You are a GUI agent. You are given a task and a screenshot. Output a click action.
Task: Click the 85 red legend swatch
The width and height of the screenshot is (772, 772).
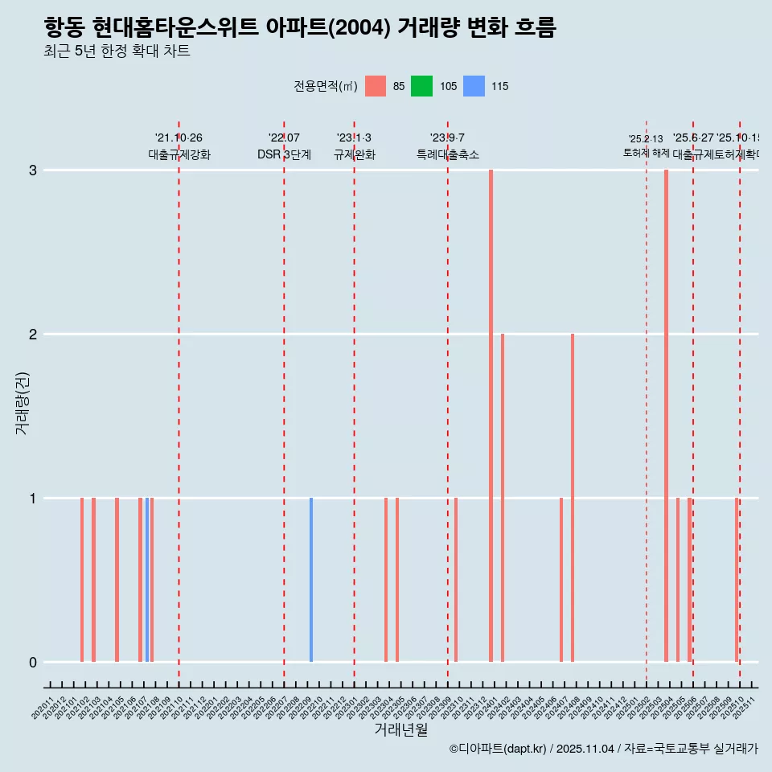tap(376, 86)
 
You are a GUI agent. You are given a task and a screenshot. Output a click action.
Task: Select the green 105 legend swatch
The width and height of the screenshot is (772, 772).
tap(421, 86)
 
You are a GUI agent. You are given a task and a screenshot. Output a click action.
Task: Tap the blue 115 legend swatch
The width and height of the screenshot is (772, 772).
tap(474, 86)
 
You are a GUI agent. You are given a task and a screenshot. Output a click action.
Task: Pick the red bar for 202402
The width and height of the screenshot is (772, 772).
tap(503, 498)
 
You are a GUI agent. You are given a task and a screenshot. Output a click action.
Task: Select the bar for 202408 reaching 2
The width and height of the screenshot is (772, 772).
tap(573, 498)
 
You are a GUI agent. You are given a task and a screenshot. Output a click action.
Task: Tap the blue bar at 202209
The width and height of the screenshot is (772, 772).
tap(311, 580)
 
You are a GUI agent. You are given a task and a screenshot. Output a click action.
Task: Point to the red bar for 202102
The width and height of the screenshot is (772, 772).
tap(82, 580)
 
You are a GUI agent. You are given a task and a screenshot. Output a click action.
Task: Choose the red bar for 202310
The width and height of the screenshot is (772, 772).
tap(456, 580)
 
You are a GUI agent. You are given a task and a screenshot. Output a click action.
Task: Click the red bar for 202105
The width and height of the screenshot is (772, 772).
tap(117, 580)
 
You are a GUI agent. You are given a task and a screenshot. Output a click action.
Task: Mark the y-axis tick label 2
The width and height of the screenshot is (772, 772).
tap(33, 335)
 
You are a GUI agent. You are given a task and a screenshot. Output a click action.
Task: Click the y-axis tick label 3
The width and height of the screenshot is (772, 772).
tap(33, 170)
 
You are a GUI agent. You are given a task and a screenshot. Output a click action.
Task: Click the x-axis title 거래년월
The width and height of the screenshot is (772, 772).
tap(400, 729)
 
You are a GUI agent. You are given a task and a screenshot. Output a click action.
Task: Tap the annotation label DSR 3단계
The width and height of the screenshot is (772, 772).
tap(284, 154)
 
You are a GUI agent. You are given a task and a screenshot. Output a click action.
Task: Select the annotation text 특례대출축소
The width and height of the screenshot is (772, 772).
tap(448, 154)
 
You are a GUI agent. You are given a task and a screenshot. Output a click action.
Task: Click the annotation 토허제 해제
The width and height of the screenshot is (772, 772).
tap(647, 153)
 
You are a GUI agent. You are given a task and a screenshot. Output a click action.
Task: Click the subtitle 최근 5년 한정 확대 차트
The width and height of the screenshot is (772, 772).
tap(117, 51)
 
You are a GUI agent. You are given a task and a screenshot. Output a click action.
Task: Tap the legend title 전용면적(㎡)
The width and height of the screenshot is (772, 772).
tap(326, 86)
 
